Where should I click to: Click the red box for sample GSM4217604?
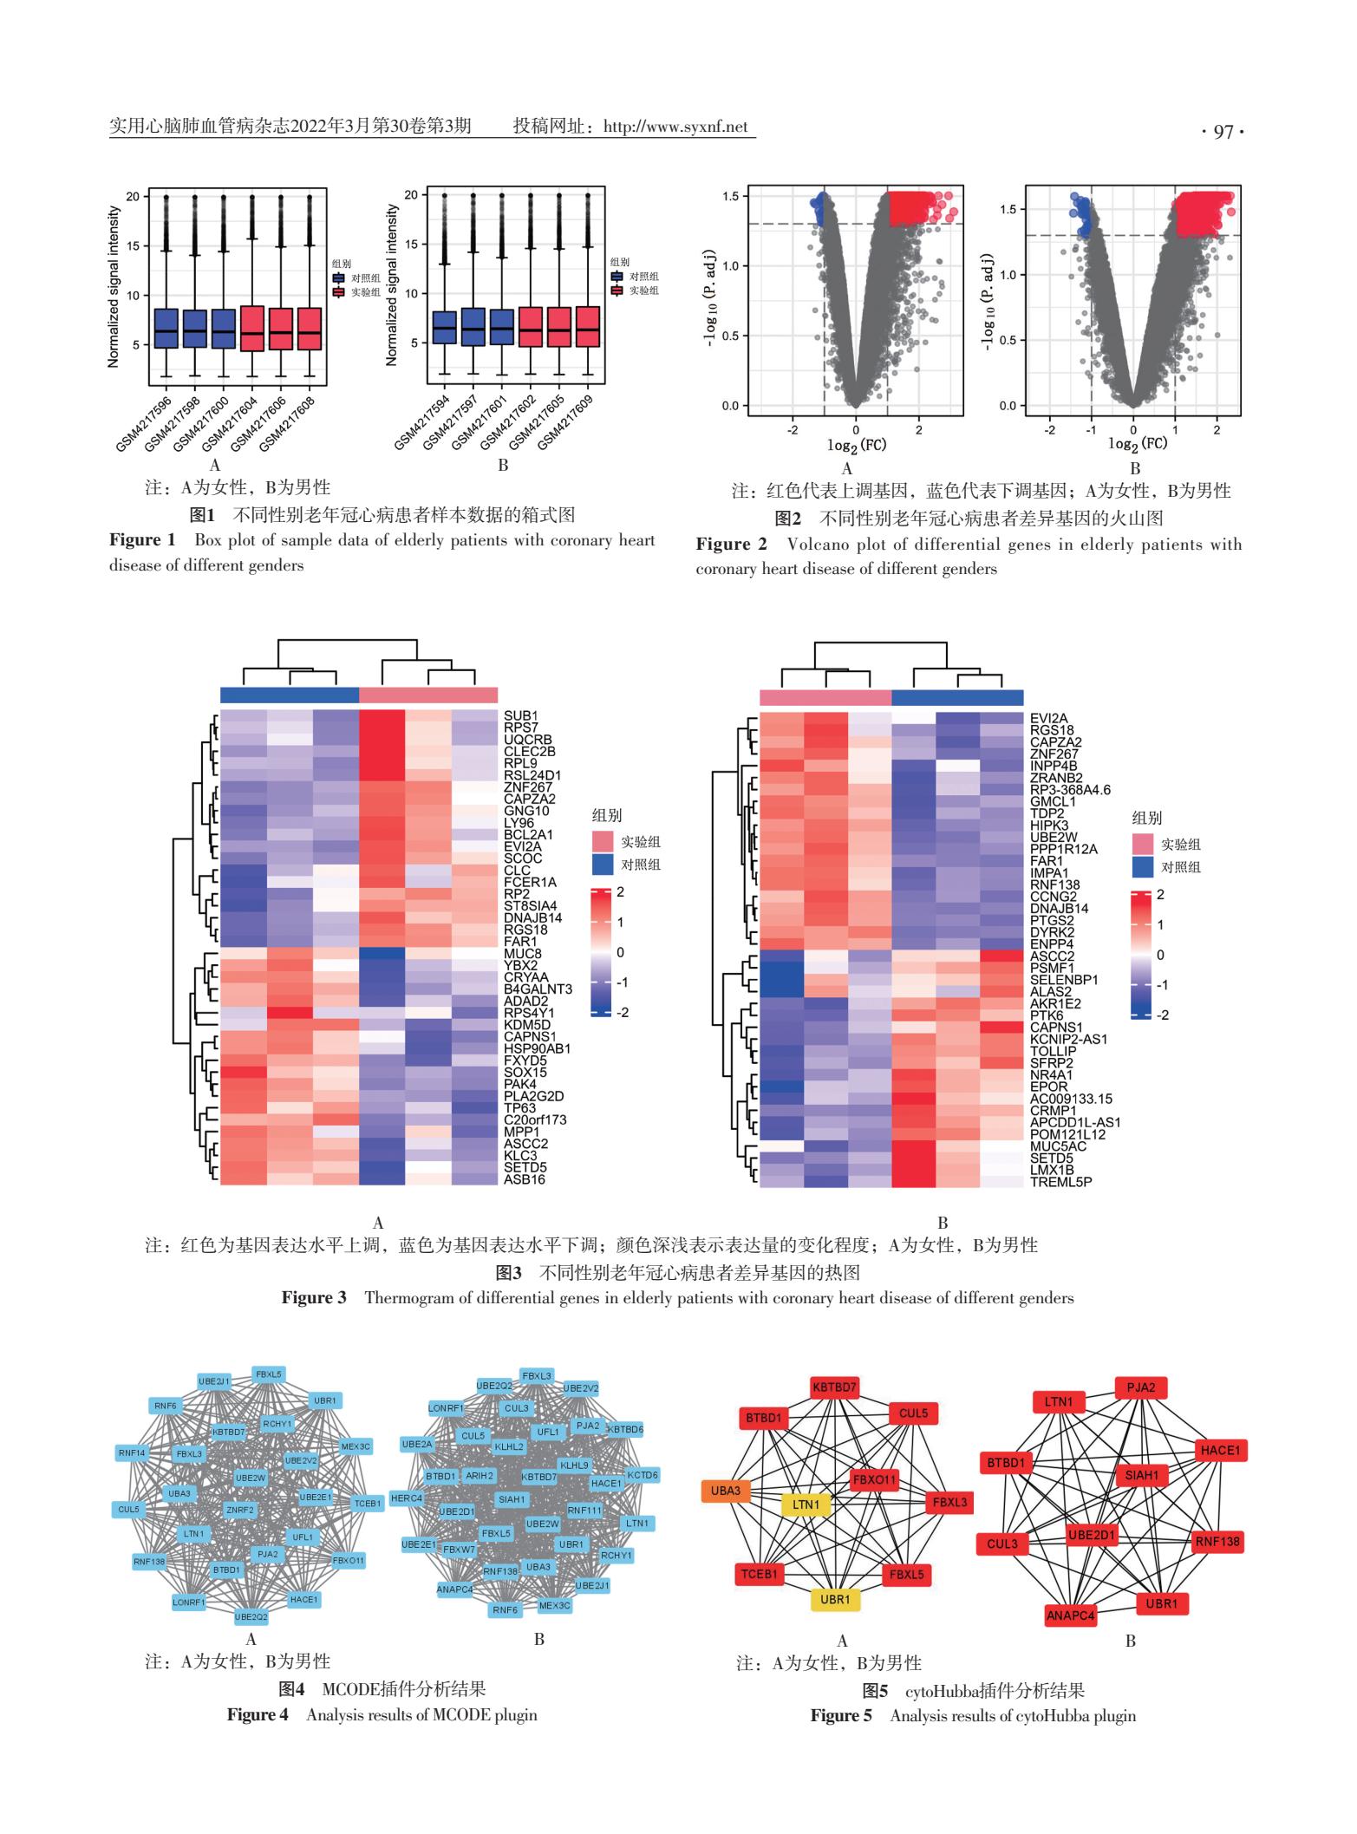coord(252,329)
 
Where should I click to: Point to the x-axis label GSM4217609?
coord(565,423)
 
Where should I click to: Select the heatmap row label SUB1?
coord(520,716)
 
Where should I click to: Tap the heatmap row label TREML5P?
coord(1060,1181)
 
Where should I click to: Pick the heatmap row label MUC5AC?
coord(1059,1145)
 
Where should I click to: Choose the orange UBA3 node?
coord(726,1491)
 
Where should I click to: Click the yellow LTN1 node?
coord(806,1504)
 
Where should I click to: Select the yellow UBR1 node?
coord(835,1599)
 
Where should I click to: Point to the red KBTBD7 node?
coord(834,1387)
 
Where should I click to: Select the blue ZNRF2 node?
coord(240,1510)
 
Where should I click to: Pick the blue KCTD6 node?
coord(643,1474)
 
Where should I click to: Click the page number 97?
coord(1223,132)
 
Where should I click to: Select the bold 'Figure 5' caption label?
coord(840,1715)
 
